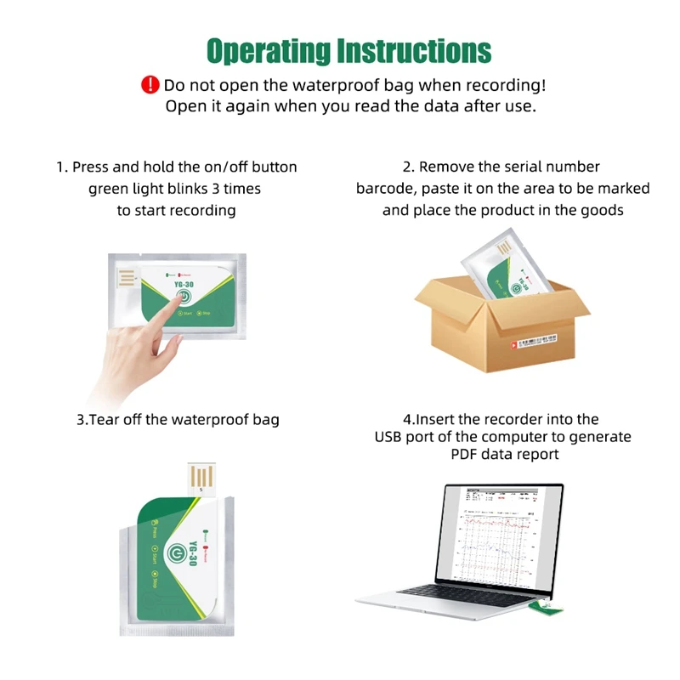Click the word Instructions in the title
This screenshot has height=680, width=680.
(414, 50)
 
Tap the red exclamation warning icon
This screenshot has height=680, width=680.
(150, 85)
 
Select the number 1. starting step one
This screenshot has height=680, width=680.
(62, 167)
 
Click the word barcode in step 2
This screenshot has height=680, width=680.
(384, 188)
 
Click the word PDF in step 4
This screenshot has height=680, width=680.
(466, 455)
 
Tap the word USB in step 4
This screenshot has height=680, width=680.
(392, 437)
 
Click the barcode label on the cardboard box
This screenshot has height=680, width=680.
(535, 341)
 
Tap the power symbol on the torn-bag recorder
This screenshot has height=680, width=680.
(175, 552)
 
